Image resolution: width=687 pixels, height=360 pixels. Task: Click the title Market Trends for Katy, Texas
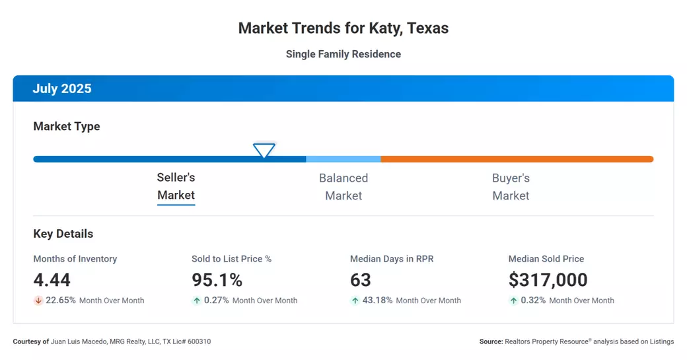click(x=343, y=28)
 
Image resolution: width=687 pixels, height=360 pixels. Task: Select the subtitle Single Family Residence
click(x=343, y=54)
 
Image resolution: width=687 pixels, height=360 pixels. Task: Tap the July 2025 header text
click(x=62, y=89)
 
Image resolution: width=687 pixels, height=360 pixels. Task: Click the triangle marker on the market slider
click(x=264, y=151)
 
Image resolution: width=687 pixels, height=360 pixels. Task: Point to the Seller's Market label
click(x=176, y=186)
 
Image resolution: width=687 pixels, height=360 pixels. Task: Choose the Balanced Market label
click(x=343, y=187)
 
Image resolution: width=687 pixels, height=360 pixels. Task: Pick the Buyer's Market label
click(x=511, y=187)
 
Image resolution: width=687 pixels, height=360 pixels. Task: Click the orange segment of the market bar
click(x=517, y=159)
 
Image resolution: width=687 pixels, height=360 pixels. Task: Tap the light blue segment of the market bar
click(x=343, y=159)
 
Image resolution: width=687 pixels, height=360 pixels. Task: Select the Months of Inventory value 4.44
click(x=52, y=280)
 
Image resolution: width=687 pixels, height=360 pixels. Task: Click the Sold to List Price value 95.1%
click(x=217, y=280)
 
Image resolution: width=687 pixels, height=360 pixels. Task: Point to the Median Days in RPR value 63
click(x=361, y=280)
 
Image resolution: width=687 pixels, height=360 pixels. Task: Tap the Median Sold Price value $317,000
click(x=548, y=280)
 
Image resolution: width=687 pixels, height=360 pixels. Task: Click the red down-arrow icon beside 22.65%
click(x=38, y=301)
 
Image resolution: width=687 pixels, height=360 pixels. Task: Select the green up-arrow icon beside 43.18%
click(x=355, y=301)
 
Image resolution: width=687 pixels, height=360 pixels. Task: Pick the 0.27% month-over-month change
click(x=217, y=301)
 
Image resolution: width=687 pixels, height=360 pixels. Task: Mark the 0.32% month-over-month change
click(x=534, y=301)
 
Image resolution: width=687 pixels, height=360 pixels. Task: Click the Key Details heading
click(x=63, y=234)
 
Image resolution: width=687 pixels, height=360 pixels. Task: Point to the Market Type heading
click(x=67, y=126)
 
